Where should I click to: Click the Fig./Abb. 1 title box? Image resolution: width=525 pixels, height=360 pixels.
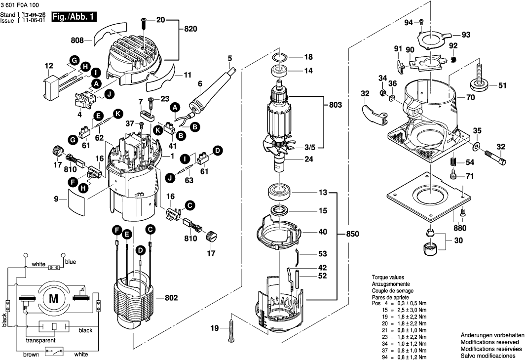[75, 17]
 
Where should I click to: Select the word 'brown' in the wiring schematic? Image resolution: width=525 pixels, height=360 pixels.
[31, 354]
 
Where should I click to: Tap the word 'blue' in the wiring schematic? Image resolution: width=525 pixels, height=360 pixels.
[71, 262]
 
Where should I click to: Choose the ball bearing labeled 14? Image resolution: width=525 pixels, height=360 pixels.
[281, 71]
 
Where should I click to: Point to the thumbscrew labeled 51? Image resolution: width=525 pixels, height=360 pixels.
[479, 79]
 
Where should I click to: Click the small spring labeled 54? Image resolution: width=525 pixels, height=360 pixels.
[452, 162]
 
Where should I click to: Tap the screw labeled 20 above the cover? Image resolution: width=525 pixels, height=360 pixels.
[144, 23]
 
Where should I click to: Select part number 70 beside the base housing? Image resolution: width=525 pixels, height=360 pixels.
[470, 98]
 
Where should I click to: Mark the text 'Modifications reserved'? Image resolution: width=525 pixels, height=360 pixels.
[489, 342]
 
